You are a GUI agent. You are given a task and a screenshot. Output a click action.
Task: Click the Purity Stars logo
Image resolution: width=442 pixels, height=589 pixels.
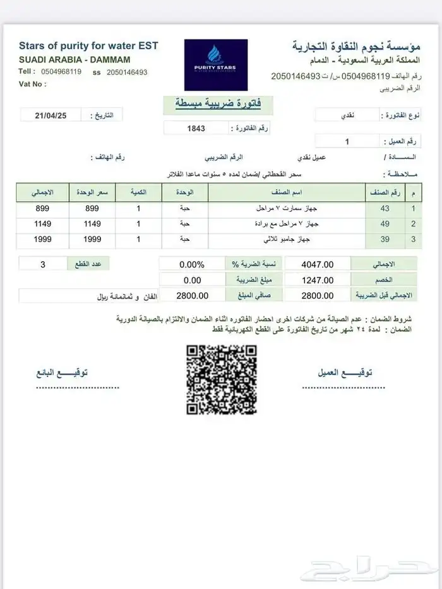point(215,65)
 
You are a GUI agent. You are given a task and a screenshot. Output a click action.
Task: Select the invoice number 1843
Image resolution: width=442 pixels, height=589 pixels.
point(196,128)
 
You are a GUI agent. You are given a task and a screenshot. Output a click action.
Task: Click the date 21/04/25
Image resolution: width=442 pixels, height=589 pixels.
point(52,115)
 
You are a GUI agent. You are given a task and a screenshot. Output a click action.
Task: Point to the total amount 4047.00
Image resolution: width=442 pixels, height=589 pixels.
point(318,264)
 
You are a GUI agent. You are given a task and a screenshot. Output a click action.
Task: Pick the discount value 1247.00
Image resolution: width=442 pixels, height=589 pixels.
point(318,280)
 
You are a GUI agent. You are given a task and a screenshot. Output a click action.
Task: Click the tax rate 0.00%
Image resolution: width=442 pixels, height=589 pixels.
point(191,264)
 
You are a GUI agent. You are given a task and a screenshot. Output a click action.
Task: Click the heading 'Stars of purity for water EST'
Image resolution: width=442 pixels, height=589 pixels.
point(88,45)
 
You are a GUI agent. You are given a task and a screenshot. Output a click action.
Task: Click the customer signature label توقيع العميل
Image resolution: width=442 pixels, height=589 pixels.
point(345,373)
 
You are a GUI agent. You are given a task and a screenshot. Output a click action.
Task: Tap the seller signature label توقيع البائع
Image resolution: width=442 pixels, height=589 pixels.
point(63,373)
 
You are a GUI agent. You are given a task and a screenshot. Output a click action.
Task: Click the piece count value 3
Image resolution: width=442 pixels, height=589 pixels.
point(43,264)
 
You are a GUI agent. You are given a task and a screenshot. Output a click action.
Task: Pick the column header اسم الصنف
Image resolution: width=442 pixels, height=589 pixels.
point(287,191)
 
